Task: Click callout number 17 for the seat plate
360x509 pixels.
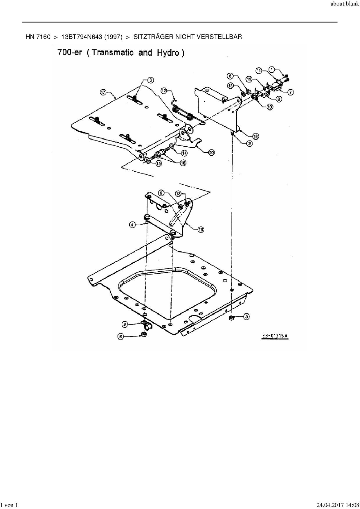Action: point(103,92)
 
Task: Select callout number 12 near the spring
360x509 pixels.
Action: point(164,91)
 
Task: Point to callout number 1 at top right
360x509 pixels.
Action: point(271,70)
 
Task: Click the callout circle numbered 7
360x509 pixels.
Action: point(290,92)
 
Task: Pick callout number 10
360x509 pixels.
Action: point(270,107)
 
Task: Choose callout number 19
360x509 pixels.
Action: point(255,136)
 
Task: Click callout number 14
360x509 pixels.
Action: point(184,153)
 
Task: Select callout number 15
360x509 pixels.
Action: point(159,163)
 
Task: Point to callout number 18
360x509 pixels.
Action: point(201,229)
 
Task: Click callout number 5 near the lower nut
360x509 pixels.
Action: point(246,317)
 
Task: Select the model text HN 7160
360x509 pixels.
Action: point(38,37)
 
